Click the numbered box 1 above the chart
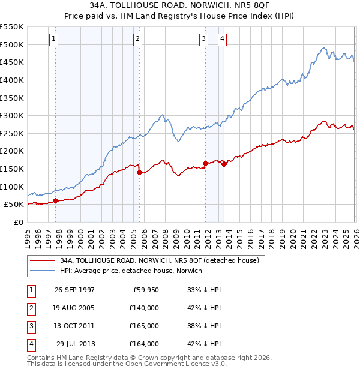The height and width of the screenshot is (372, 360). (53, 39)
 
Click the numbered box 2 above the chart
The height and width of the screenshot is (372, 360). (137, 39)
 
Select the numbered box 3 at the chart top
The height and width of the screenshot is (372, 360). (203, 39)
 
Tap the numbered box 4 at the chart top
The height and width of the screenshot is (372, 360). (222, 39)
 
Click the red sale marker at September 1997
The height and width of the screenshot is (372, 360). (56, 201)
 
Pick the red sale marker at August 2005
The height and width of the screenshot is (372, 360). (139, 172)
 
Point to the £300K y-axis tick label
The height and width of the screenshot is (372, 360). (12, 115)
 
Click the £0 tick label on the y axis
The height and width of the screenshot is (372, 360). (19, 222)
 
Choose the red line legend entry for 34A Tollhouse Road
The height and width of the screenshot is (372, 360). (159, 260)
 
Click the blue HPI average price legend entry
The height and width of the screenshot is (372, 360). (131, 271)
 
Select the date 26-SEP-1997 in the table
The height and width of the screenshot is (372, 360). (74, 289)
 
